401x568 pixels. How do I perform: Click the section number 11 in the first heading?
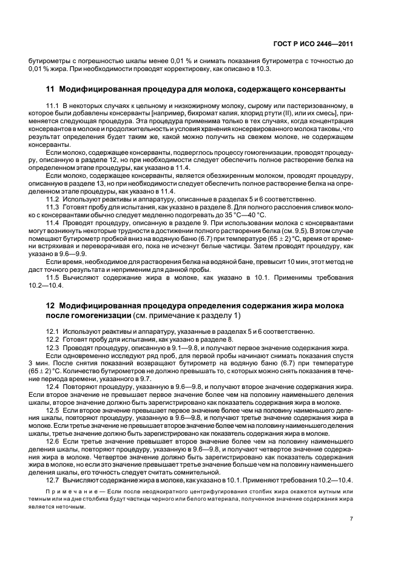[50, 89]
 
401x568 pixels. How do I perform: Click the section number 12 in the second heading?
[50, 306]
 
